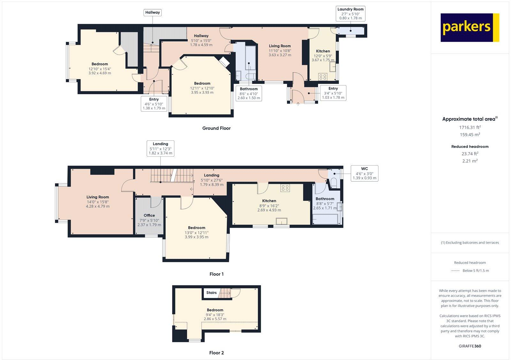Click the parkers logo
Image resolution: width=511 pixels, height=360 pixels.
(x=469, y=27)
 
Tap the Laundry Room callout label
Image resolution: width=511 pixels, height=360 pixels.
(x=350, y=14)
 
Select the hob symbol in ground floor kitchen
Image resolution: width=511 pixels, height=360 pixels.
(x=323, y=77)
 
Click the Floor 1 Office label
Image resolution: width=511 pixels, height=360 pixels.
(x=149, y=215)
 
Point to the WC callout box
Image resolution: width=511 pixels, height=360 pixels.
(x=364, y=173)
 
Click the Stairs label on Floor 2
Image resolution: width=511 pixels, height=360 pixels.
(x=211, y=293)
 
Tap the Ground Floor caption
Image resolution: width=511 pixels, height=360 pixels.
(x=216, y=128)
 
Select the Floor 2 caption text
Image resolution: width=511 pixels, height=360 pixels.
(x=216, y=353)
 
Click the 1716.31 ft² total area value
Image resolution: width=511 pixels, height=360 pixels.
(x=470, y=127)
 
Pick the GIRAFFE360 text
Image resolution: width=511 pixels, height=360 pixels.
(x=470, y=346)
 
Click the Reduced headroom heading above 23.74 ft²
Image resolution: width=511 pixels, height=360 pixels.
(x=470, y=146)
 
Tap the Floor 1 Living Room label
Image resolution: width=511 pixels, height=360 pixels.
(x=98, y=197)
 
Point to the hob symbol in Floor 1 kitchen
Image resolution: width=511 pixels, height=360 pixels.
(x=285, y=188)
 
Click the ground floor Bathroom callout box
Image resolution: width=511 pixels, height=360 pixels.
(x=248, y=94)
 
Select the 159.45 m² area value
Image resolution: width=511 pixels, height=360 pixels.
(x=470, y=135)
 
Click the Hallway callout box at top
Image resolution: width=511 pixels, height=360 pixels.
(x=152, y=12)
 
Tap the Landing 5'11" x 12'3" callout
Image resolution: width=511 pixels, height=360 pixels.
(x=160, y=148)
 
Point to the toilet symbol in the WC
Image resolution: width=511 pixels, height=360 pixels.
(x=334, y=182)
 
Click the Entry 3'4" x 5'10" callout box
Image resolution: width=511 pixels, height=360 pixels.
(x=333, y=93)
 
